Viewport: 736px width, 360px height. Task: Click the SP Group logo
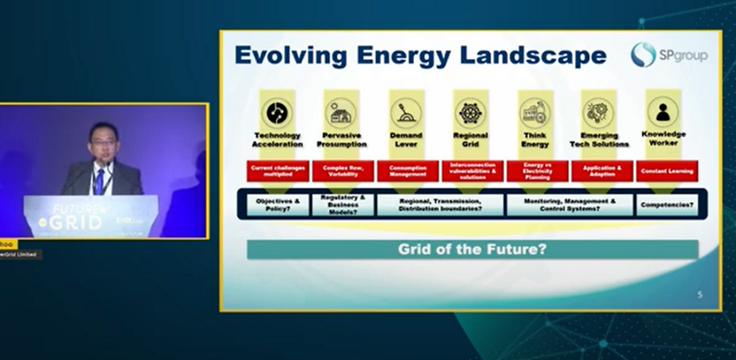(668, 55)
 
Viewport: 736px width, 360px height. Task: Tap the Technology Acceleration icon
(276, 112)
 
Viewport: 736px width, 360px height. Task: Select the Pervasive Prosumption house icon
(340, 112)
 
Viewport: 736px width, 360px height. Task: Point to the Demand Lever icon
(405, 112)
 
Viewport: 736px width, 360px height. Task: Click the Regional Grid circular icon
(470, 112)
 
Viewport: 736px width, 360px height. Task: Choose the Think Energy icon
(534, 112)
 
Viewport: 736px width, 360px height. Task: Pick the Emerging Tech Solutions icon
(599, 112)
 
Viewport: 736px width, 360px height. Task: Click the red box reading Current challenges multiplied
(277, 170)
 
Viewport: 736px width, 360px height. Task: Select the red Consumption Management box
(406, 170)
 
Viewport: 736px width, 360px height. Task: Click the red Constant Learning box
(666, 170)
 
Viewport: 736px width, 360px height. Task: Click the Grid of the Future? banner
(472, 250)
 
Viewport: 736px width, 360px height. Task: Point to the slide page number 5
(700, 295)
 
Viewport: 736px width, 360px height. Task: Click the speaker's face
(102, 139)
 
